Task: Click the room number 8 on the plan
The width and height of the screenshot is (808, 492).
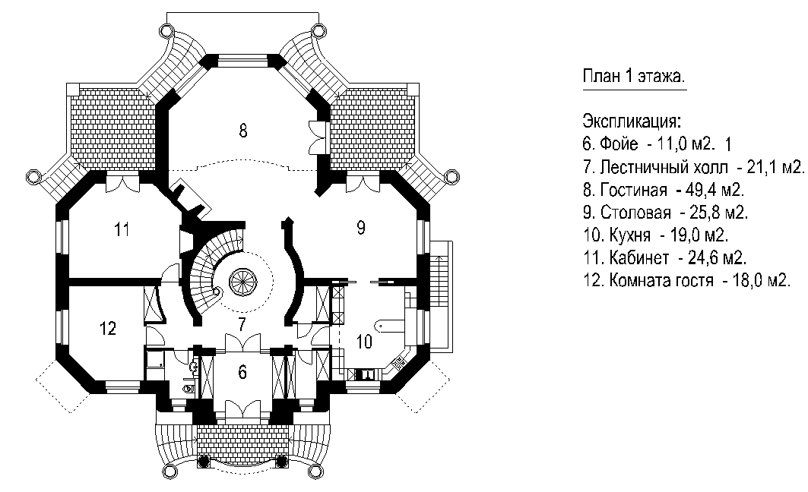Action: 243,131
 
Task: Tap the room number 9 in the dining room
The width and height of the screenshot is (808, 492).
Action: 361,227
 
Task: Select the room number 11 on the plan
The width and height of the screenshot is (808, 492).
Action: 122,229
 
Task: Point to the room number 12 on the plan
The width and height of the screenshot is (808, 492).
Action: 108,328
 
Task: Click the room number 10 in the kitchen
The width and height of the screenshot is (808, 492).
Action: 364,341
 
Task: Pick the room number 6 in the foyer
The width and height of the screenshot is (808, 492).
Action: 242,371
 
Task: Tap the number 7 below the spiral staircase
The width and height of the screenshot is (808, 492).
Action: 242,324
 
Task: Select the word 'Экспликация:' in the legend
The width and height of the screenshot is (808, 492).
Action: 632,122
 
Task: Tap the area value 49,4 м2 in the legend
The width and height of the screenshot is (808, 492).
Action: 715,190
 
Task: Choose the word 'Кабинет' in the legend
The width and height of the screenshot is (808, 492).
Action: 639,257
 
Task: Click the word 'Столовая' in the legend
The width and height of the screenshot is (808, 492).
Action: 636,213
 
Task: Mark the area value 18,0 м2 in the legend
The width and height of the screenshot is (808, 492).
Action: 761,280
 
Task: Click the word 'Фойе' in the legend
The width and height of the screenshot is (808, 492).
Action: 619,144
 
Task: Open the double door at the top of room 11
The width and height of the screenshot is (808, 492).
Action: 122,184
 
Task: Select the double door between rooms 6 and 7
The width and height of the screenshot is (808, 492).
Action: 242,342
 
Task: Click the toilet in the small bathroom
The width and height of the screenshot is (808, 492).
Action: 189,386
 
